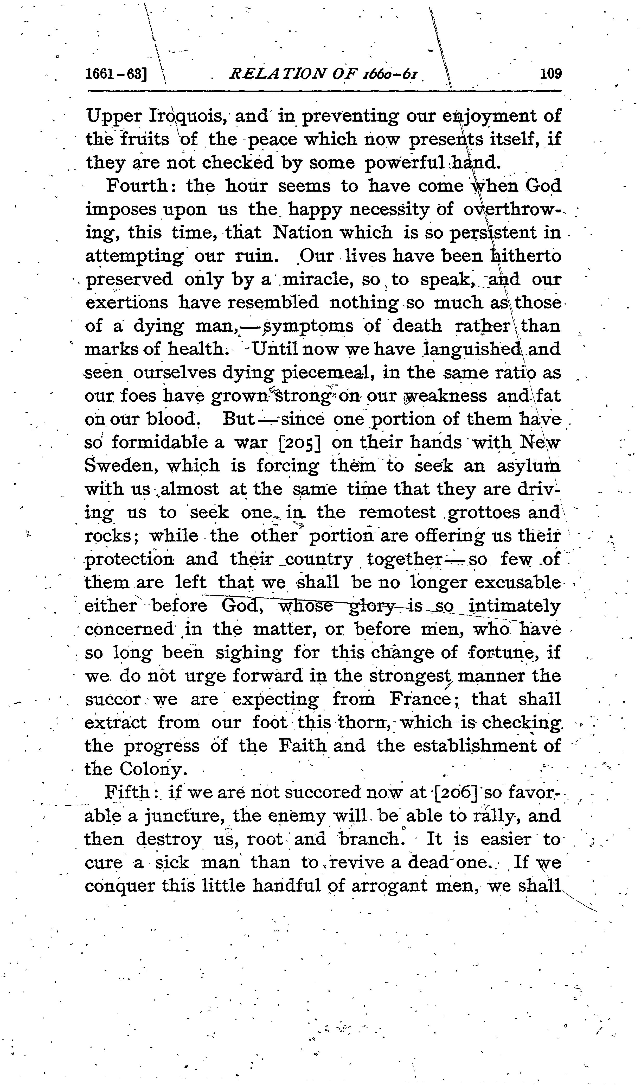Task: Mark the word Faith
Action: (x=302, y=746)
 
